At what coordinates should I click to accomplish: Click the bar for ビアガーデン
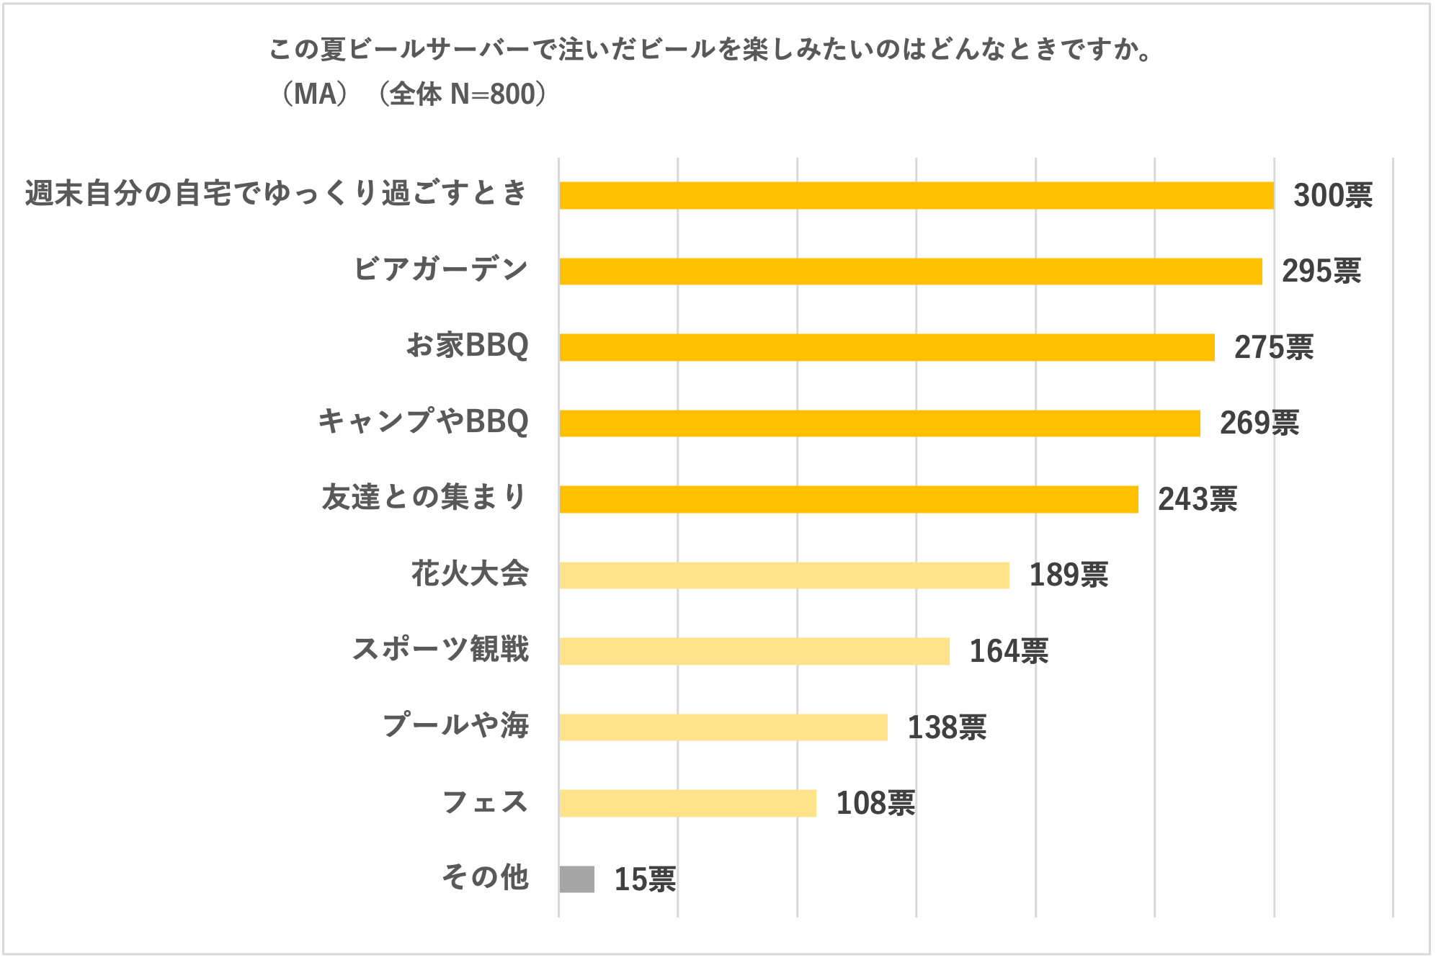click(x=910, y=272)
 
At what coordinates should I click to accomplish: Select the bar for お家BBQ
click(x=886, y=347)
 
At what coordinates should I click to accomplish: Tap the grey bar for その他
click(x=576, y=879)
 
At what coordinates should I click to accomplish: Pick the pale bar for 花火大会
click(x=784, y=575)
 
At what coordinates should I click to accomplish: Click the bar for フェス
click(x=687, y=803)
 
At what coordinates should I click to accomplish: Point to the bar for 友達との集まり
click(x=848, y=499)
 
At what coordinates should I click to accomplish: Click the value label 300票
click(x=1332, y=196)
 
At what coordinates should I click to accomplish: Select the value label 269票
click(x=1259, y=423)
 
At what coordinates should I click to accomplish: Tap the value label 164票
click(x=1008, y=651)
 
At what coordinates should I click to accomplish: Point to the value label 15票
click(x=644, y=879)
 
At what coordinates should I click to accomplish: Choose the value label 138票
click(x=946, y=727)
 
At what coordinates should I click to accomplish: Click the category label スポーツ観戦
click(x=440, y=650)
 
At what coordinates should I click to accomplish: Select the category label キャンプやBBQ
click(x=423, y=422)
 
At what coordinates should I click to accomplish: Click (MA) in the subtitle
click(x=314, y=94)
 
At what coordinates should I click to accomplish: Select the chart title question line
click(x=710, y=50)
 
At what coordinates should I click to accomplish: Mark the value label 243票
click(x=1197, y=499)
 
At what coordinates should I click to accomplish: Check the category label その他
click(x=485, y=878)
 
